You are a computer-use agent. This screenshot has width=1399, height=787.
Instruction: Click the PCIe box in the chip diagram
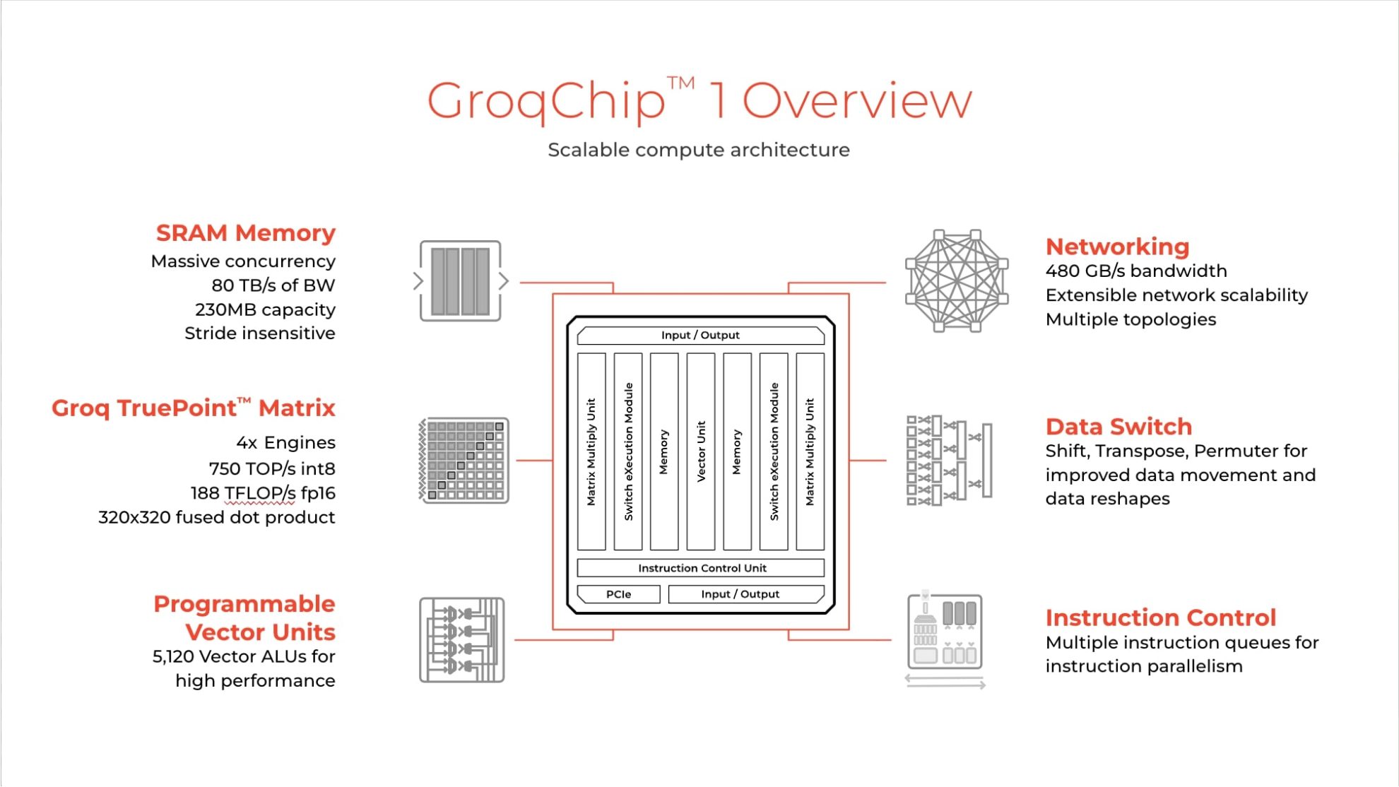(618, 594)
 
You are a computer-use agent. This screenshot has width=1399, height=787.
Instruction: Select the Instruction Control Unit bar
(701, 568)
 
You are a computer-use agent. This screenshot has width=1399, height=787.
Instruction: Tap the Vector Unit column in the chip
(701, 451)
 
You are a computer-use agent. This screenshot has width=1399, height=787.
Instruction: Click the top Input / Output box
(700, 335)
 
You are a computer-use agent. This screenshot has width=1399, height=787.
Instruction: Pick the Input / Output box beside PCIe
(745, 594)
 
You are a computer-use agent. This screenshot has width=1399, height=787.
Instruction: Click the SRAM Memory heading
(245, 232)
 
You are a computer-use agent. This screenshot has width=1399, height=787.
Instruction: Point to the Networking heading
(1117, 246)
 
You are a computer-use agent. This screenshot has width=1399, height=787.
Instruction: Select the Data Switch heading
(1118, 427)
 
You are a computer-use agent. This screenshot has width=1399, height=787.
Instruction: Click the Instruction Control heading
(1160, 617)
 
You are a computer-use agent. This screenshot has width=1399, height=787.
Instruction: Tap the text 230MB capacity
(265, 309)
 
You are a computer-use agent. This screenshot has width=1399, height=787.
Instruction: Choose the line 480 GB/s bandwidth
(1135, 271)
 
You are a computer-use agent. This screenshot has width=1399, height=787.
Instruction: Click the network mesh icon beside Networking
(957, 280)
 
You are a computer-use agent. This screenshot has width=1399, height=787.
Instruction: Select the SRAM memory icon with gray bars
(461, 281)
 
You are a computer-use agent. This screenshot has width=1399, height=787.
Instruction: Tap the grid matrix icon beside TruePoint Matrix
(464, 460)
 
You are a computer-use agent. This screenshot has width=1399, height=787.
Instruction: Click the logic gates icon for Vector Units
(461, 640)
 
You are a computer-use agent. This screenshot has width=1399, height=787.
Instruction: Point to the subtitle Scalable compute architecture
(698, 150)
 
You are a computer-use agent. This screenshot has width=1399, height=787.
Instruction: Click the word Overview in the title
(856, 101)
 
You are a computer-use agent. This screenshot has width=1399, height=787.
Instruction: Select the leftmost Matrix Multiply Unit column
(591, 451)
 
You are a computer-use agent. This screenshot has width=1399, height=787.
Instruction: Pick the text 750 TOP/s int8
(271, 468)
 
